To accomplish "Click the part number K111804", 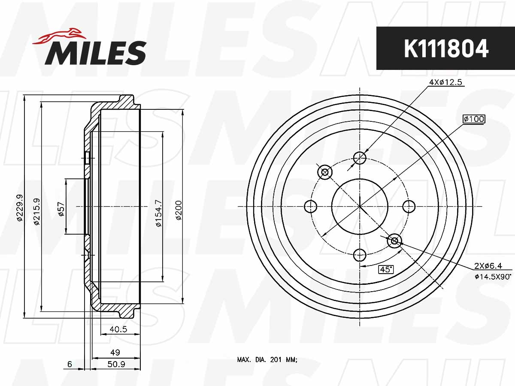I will tap(446, 48).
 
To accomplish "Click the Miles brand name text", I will tap(95, 53).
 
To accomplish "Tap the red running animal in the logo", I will tap(58, 36).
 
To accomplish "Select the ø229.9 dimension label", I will tap(19, 207).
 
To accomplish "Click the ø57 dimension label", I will tap(61, 209).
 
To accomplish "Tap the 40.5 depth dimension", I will tap(118, 329).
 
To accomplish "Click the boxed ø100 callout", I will tap(474, 119).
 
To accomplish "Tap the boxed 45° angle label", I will tap(386, 269).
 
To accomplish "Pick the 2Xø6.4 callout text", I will tap(488, 266).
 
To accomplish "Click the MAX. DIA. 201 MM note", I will tap(267, 360).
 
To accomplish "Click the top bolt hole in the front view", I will tap(360, 158).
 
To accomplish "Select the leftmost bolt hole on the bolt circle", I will tap(310, 206).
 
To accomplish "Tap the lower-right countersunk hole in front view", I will tap(394, 241).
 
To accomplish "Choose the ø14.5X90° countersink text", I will tap(493, 277).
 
